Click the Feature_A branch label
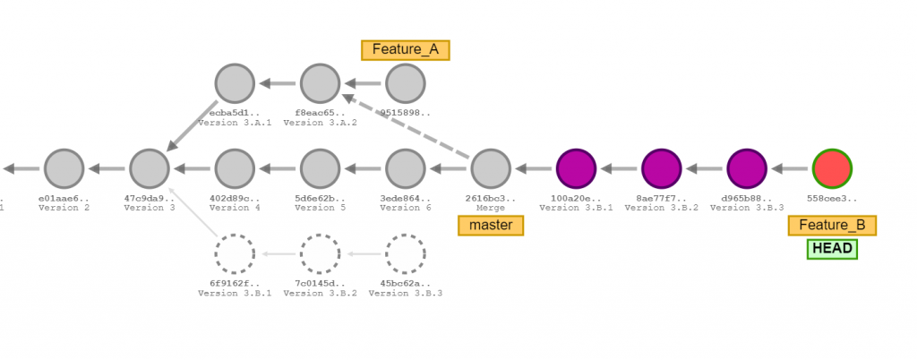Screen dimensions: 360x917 click(405, 49)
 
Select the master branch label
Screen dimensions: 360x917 click(491, 225)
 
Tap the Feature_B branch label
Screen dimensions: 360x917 click(832, 226)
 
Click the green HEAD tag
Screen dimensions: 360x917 click(832, 248)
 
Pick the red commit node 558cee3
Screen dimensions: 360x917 click(832, 167)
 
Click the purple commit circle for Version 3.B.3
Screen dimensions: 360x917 click(747, 167)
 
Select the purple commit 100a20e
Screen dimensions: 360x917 click(576, 167)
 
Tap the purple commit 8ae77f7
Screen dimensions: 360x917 click(662, 167)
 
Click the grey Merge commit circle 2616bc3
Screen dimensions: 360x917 click(491, 167)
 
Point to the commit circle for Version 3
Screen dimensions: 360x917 click(150, 167)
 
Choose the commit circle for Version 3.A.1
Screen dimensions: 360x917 click(235, 84)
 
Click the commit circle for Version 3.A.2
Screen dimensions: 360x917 click(320, 84)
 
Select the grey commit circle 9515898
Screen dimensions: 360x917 click(405, 84)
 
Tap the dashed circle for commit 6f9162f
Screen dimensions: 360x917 click(235, 253)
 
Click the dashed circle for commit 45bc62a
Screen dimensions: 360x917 click(405, 253)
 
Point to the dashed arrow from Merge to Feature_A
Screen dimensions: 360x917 click(407, 126)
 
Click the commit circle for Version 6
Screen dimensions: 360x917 click(405, 167)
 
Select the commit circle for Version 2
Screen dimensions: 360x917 click(64, 167)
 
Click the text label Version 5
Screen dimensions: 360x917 click(320, 208)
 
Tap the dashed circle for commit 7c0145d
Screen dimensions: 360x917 click(320, 253)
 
